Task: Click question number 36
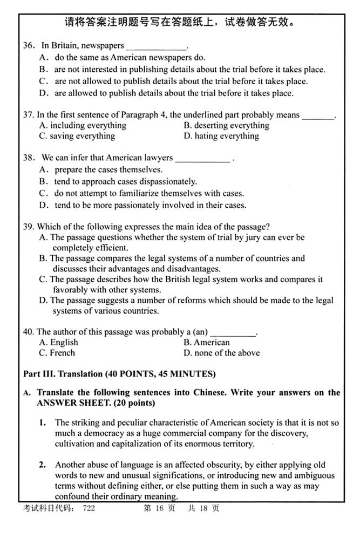(29, 45)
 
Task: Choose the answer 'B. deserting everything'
(226, 125)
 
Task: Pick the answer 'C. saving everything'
(77, 136)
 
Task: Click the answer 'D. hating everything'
(221, 136)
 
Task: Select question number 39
(28, 226)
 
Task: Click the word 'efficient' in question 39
(113, 248)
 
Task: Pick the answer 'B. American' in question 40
(207, 342)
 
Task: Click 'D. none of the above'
(222, 353)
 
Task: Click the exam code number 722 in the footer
(89, 508)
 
